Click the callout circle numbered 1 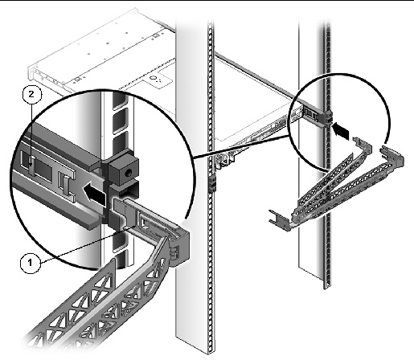tap(30, 263)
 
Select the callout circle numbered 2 tap(31, 94)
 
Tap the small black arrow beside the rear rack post tap(341, 129)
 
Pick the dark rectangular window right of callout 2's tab tap(43, 170)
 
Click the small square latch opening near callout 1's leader tap(144, 222)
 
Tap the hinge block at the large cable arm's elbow tap(179, 247)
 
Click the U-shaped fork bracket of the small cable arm tap(279, 219)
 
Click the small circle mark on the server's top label tap(153, 78)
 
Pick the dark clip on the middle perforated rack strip tap(212, 184)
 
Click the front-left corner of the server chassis tap(29, 69)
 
